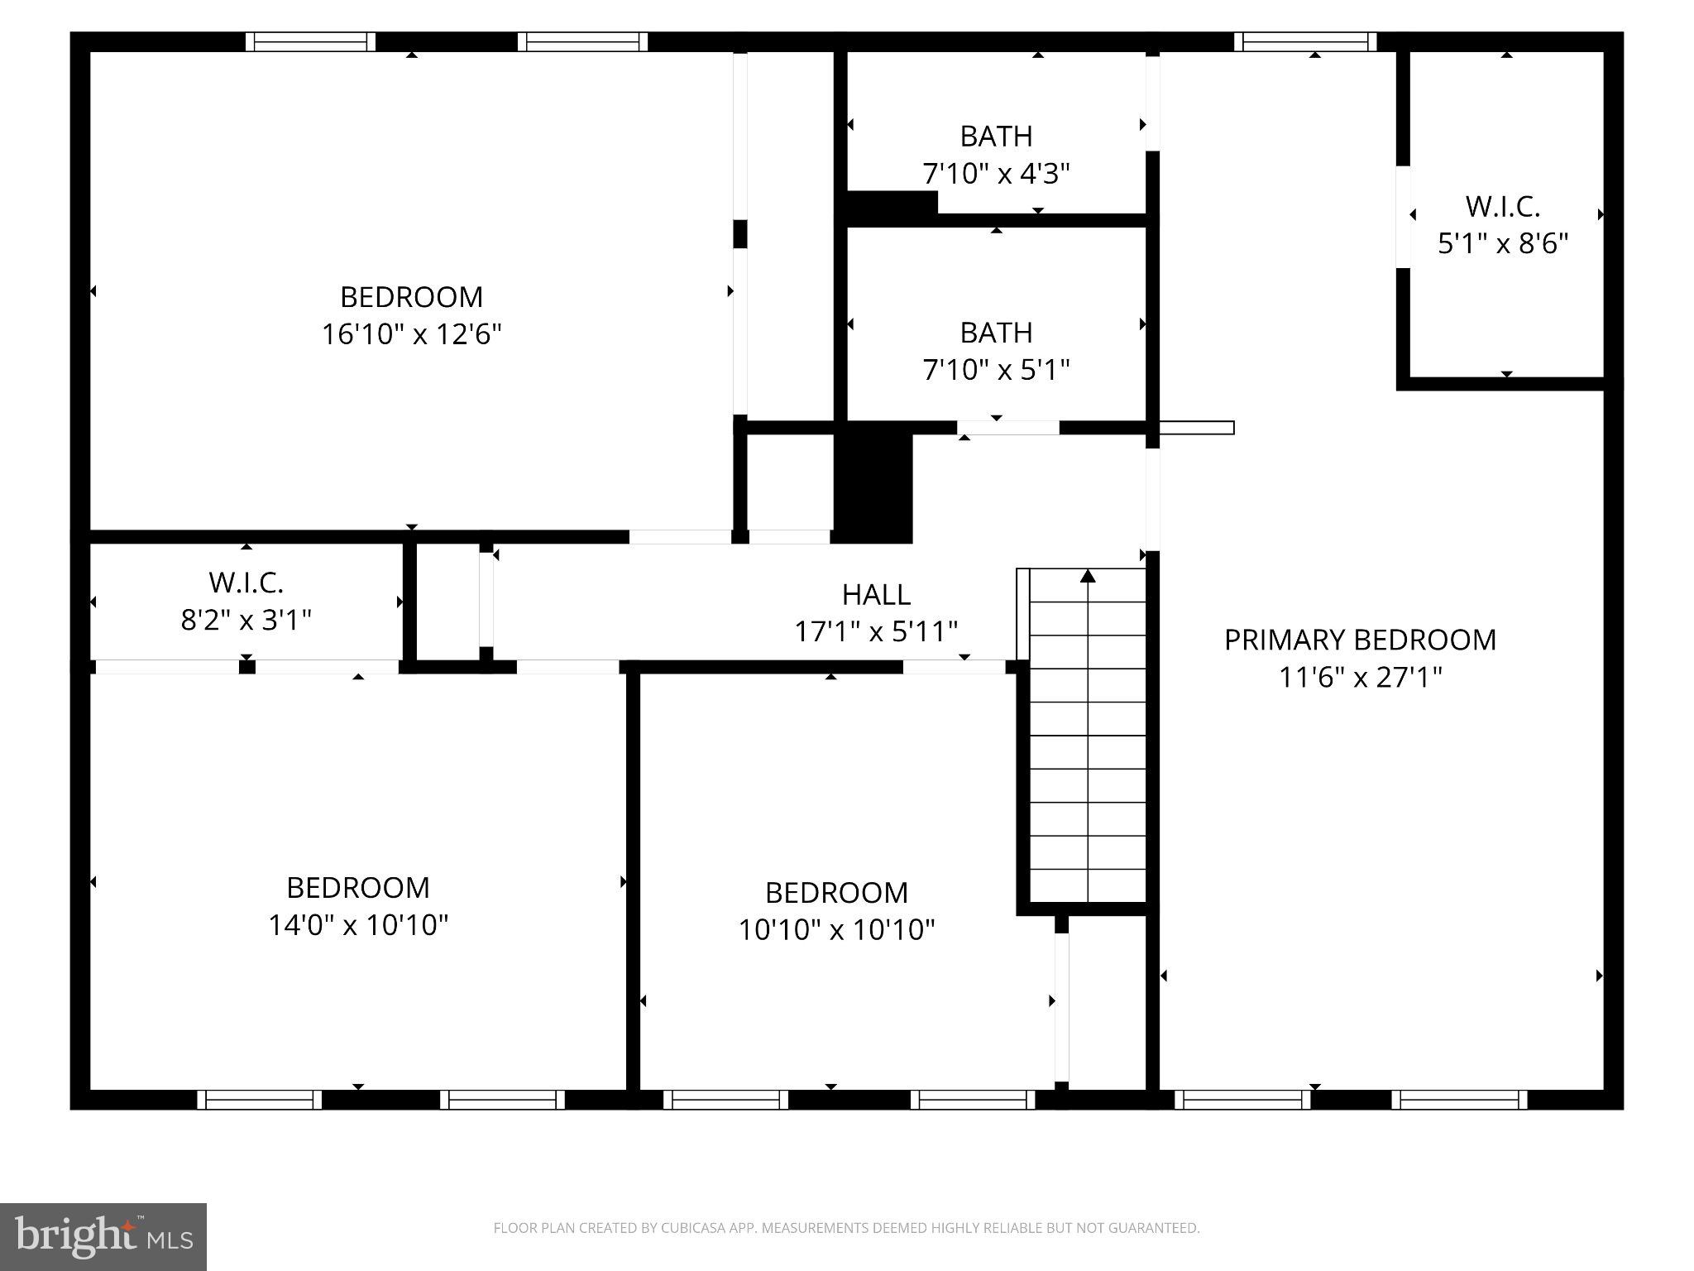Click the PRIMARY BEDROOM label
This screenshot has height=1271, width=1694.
tap(1360, 640)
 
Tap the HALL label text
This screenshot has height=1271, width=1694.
tap(876, 594)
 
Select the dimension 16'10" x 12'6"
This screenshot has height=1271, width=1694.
tap(411, 334)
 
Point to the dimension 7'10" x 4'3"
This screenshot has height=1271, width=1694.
tap(996, 174)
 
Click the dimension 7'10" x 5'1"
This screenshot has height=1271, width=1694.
tap(996, 370)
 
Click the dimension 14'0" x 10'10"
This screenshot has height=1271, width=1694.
tap(357, 924)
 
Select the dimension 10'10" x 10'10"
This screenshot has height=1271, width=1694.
tap(835, 929)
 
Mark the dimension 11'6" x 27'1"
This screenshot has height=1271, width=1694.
tap(1360, 678)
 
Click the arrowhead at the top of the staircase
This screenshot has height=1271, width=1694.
tap(1088, 576)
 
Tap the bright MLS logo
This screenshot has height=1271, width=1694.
tap(103, 1236)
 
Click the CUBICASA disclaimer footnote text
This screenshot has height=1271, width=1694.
tap(846, 1228)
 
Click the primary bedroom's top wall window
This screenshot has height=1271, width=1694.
tap(1305, 41)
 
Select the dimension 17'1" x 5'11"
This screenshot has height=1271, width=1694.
tap(876, 632)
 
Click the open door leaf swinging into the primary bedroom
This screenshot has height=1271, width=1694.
tap(1196, 428)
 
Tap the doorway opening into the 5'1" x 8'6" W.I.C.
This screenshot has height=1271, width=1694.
tap(1403, 217)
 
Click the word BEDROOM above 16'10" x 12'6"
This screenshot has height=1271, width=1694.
tap(411, 296)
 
